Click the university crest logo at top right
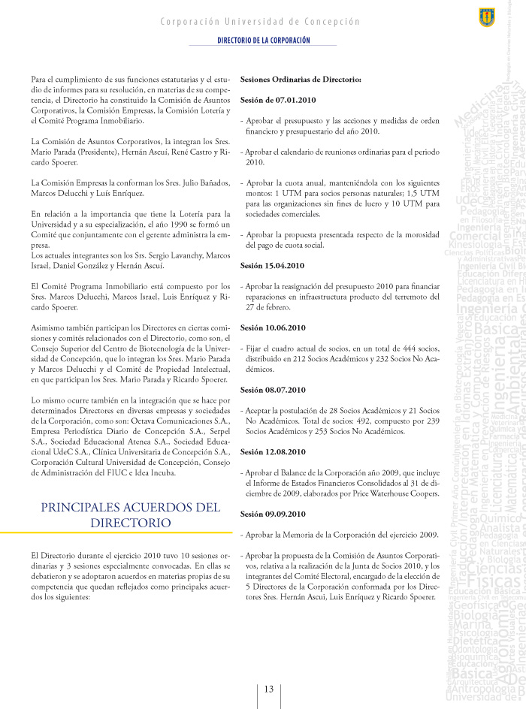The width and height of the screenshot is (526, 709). click(x=486, y=17)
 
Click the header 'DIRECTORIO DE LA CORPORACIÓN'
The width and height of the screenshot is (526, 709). click(x=263, y=40)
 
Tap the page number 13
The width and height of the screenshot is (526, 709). click(x=268, y=689)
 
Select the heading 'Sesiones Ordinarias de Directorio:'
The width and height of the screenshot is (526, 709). click(x=301, y=79)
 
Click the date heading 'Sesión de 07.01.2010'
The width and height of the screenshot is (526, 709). click(x=278, y=99)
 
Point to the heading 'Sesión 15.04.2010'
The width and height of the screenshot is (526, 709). click(x=272, y=266)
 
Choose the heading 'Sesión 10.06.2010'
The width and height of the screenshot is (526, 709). click(x=272, y=327)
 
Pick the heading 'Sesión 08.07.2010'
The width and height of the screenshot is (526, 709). click(x=272, y=390)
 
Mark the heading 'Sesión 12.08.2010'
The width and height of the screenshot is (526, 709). click(x=272, y=451)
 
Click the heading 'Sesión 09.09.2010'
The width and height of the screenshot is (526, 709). click(x=272, y=514)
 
